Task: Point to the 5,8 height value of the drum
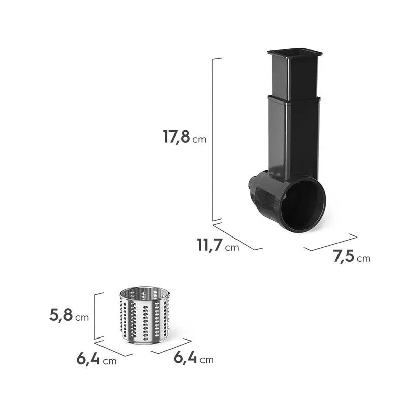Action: (61, 315)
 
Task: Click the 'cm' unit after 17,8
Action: (199, 139)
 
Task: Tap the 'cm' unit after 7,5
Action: (363, 259)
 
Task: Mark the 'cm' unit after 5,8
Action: (82, 318)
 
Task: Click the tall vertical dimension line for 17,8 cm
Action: (213, 140)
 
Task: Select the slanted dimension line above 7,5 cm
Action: (330, 242)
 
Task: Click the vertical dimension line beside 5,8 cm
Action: (95, 316)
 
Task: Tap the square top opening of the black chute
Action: (295, 52)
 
